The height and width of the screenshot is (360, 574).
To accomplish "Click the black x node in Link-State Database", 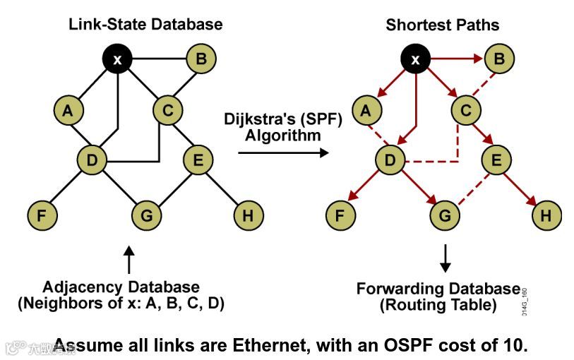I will (x=118, y=59).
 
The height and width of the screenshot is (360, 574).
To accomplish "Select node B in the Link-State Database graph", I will (x=201, y=59).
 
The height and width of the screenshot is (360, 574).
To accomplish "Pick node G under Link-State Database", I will (x=146, y=215).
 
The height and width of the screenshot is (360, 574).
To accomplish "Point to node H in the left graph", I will (x=247, y=215).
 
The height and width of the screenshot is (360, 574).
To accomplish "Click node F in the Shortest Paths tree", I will (x=342, y=215).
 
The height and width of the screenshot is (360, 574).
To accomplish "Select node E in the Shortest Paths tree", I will (x=496, y=161).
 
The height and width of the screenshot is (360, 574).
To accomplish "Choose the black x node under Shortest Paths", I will (x=416, y=59).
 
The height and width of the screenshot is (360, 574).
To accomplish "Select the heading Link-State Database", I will (x=145, y=25).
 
